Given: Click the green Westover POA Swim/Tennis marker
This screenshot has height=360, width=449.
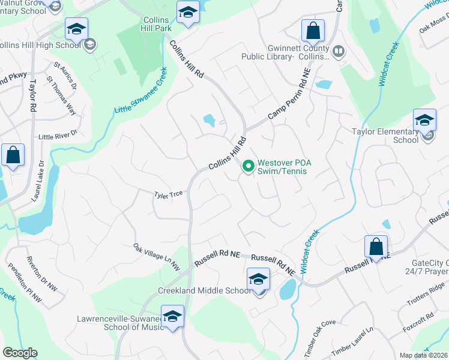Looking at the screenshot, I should (247, 166).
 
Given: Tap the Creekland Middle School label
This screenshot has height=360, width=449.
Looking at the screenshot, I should (204, 291).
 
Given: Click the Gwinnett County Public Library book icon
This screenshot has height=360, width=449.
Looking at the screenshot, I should (339, 52).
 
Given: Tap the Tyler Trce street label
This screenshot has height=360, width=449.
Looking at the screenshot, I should (168, 194).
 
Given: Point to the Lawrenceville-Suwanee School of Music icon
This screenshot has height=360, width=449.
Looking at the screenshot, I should (172, 318).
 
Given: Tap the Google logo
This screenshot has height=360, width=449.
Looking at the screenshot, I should (20, 353).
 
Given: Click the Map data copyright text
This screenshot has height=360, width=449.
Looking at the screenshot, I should (423, 355).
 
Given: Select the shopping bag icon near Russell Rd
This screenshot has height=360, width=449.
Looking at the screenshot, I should (376, 247).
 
